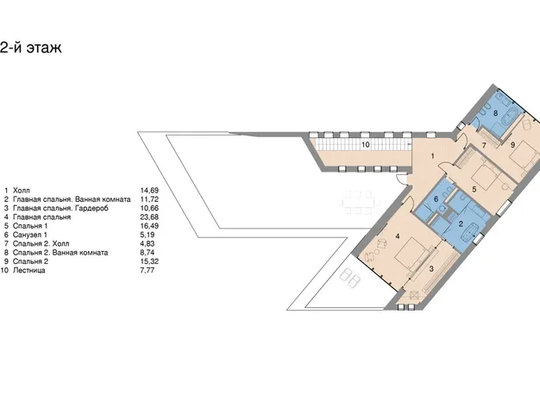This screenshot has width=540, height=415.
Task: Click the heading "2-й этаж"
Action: click(31, 47)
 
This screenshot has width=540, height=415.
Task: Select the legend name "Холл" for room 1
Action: click(22, 191)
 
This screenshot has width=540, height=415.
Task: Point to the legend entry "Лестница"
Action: click(29, 270)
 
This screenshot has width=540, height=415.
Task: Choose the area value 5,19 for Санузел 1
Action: click(148, 235)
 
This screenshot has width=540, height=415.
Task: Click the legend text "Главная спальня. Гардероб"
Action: click(60, 208)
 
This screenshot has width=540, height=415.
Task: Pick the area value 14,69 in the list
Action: click(149, 191)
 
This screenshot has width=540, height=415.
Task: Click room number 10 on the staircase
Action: click(366, 145)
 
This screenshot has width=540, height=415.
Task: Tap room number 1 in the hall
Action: click(433, 156)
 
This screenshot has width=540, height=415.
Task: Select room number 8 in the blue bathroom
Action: click(495, 113)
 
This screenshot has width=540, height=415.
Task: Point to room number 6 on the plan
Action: click(436, 199)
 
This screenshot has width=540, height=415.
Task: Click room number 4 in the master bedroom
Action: click(398, 236)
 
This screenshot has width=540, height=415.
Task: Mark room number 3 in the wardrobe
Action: click(431, 269)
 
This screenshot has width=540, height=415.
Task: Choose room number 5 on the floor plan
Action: click(474, 189)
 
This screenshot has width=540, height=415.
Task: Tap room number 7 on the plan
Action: click(484, 146)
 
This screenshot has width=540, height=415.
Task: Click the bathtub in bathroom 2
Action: click(469, 232)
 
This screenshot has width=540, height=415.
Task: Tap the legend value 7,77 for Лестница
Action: click(148, 270)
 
